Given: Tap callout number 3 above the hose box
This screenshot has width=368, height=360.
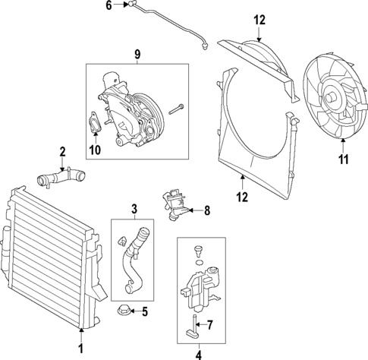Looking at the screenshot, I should coord(134,208).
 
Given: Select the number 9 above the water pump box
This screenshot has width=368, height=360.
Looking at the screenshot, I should coord(137,54).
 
